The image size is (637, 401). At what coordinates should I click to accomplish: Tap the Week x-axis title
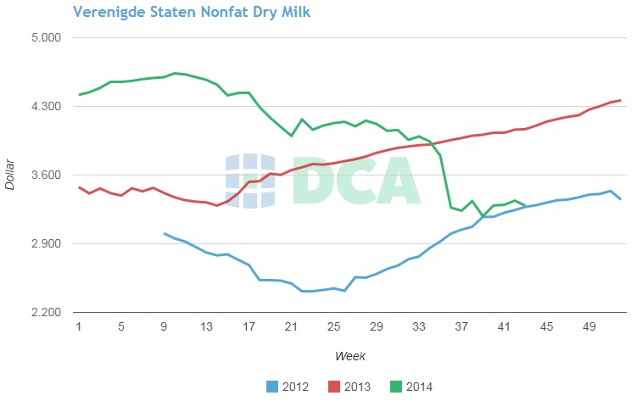click(x=350, y=356)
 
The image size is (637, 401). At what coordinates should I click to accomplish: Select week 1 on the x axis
click(x=79, y=327)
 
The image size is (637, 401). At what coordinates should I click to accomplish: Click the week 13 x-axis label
click(x=206, y=327)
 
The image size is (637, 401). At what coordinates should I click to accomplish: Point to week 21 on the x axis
click(x=291, y=327)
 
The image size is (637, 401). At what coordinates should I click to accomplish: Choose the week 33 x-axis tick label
click(x=419, y=327)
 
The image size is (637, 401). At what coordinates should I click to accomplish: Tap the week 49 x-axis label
click(x=589, y=327)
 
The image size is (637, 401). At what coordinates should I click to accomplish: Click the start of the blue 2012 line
click(x=165, y=233)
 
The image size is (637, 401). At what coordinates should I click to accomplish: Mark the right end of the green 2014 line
click(x=526, y=205)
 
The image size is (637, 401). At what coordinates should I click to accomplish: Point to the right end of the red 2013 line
click(x=621, y=100)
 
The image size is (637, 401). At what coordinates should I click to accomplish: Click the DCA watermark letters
click(x=357, y=180)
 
